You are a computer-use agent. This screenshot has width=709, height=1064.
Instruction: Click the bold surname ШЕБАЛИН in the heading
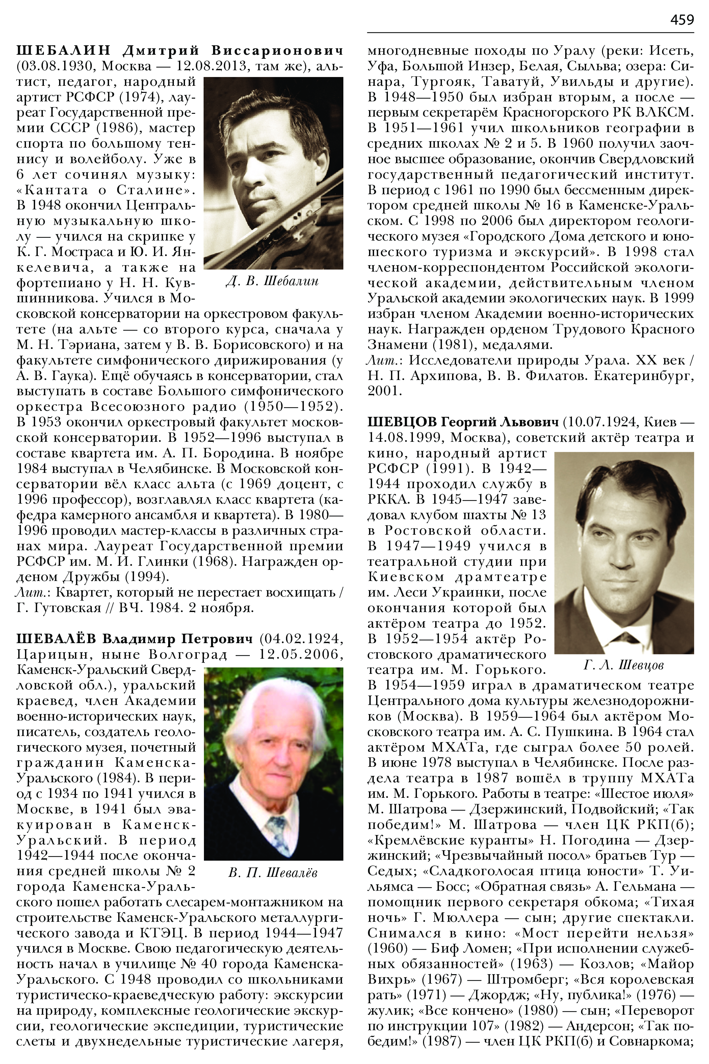pyautogui.click(x=63, y=50)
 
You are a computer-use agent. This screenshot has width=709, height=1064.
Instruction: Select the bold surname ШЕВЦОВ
pyautogui.click(x=401, y=422)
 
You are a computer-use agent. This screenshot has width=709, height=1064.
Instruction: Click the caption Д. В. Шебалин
pyautogui.click(x=272, y=281)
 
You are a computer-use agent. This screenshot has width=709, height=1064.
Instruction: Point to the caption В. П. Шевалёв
pyautogui.click(x=273, y=872)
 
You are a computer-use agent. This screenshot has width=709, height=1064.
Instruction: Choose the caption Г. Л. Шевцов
pyautogui.click(x=624, y=665)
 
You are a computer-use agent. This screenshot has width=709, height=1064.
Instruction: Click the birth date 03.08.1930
pyautogui.click(x=54, y=66)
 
